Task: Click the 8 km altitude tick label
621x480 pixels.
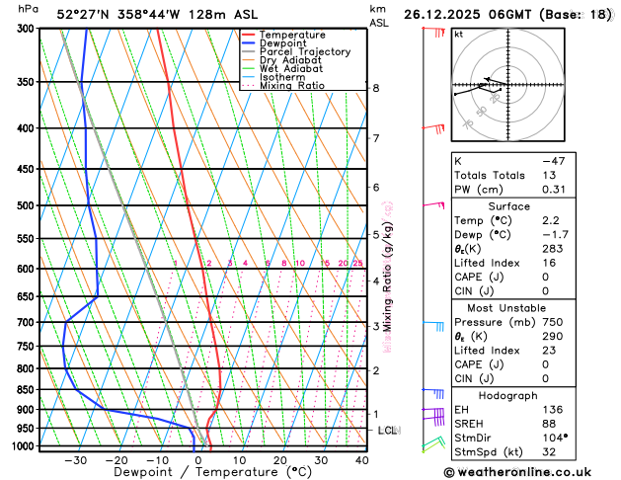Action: tap(376, 88)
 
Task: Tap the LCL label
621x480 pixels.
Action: tap(386, 431)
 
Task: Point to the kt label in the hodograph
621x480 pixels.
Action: tap(458, 35)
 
